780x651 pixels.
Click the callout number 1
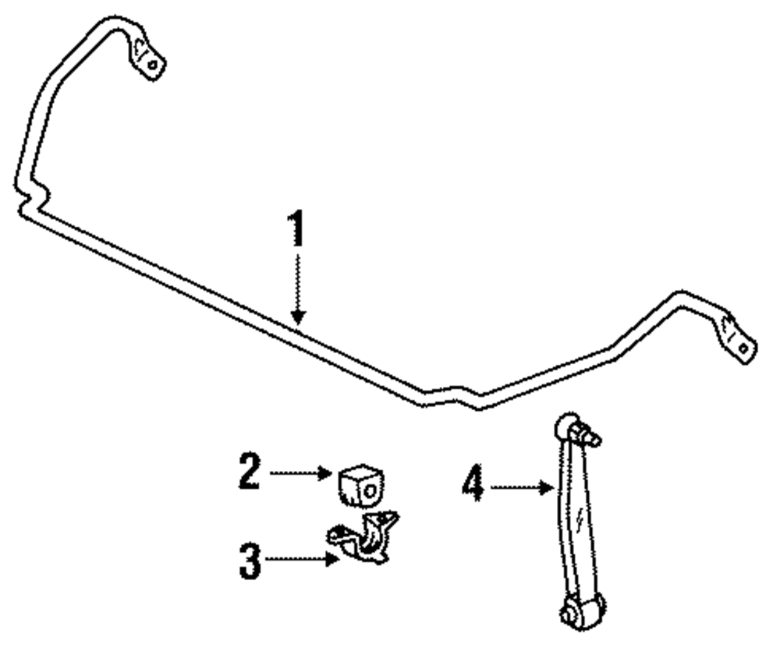point(296,229)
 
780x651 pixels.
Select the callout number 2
point(250,472)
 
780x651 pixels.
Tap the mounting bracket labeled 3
point(363,538)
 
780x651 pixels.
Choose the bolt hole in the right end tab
point(745,348)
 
